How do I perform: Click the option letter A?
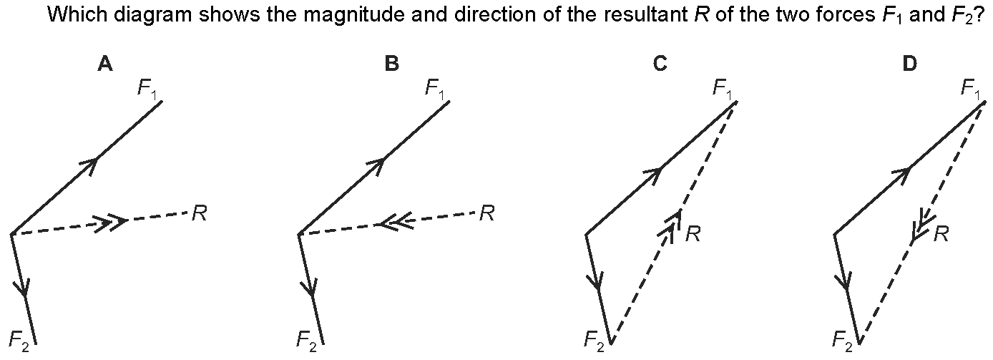[x=105, y=64]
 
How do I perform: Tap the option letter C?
[x=660, y=64]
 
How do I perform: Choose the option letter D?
[x=909, y=64]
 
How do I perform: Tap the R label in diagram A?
[x=200, y=213]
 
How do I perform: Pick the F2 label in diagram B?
[x=308, y=338]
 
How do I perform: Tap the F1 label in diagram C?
[x=723, y=89]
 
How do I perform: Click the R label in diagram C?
[x=692, y=234]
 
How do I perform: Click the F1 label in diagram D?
[x=972, y=89]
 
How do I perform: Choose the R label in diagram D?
[x=941, y=234]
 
